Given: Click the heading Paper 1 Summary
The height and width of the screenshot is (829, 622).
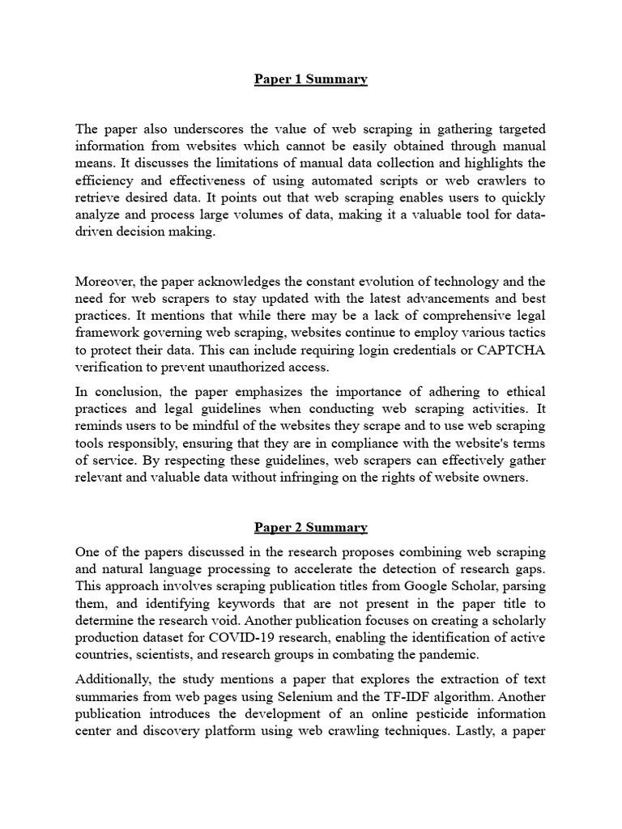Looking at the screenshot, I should pos(311,79).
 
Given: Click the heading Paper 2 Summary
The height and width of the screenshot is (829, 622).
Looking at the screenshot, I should pos(311,528).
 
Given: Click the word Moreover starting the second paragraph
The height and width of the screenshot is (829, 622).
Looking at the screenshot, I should pos(106,281).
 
